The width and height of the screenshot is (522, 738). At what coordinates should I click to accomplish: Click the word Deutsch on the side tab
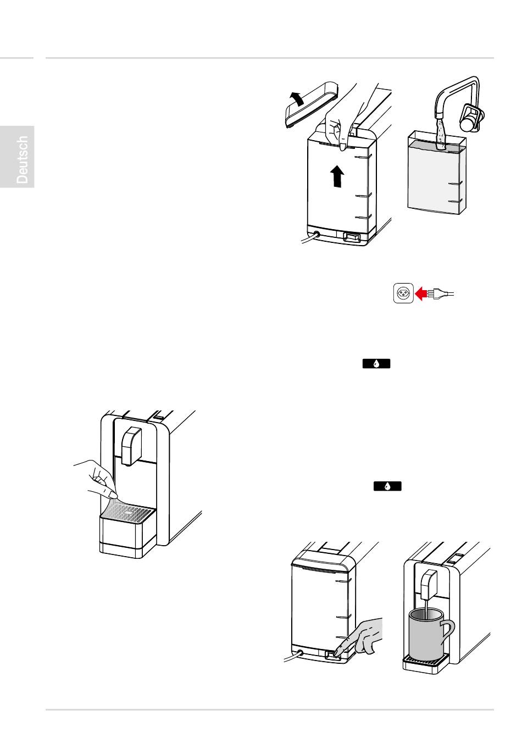point(22,160)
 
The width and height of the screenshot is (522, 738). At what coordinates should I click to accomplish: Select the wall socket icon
point(403,293)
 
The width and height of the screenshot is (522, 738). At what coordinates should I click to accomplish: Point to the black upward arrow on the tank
point(337,176)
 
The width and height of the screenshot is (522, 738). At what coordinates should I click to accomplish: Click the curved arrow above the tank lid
point(296,99)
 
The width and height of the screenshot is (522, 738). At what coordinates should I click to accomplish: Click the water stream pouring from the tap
point(440,135)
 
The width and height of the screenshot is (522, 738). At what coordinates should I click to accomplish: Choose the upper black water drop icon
point(376,364)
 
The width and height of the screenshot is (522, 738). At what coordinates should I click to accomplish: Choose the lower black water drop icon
point(387,486)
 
